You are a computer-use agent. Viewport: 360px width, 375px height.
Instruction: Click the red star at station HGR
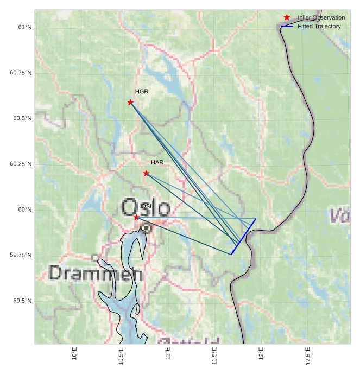[x=130, y=102]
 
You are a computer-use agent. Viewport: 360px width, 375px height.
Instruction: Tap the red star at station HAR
[x=146, y=173]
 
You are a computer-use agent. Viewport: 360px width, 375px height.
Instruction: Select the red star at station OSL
[x=136, y=217]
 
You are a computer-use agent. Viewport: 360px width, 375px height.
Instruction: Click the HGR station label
[x=142, y=92]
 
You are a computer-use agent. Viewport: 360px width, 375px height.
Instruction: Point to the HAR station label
[x=157, y=162]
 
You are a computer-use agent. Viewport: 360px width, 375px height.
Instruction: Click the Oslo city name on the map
[x=146, y=208]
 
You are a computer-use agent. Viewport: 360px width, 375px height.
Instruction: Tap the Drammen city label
[x=96, y=274]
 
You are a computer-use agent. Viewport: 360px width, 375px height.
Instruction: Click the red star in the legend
[x=287, y=17]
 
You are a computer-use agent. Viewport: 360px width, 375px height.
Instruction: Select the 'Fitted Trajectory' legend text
[x=319, y=26]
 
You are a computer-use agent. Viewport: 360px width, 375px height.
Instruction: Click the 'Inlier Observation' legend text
[x=321, y=17]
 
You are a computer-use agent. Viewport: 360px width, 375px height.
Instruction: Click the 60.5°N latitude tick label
[x=21, y=118]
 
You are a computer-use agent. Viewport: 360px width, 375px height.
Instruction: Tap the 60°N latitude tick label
[x=24, y=209]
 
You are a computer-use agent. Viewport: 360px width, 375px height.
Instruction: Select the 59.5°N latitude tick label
[x=21, y=301]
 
